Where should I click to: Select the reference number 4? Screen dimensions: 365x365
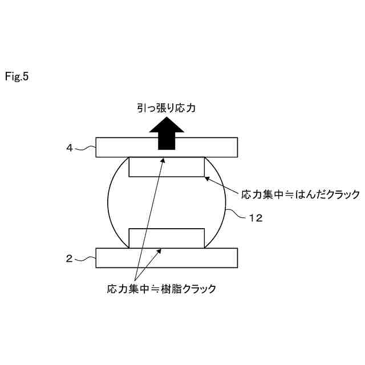point(69,148)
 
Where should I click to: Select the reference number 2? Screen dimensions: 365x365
point(69,258)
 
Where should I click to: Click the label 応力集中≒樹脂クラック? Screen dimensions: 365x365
point(162,289)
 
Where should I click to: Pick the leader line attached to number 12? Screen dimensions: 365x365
point(238,215)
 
